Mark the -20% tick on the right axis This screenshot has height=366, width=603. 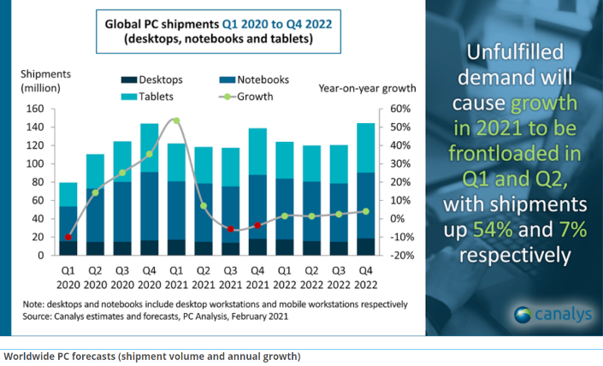[x=402, y=255]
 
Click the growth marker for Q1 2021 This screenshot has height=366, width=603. [x=176, y=121]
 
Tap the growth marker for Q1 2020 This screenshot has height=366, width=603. [x=68, y=237]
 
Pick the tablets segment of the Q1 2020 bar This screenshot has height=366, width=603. [x=68, y=194]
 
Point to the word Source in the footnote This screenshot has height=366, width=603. [x=39, y=316]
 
